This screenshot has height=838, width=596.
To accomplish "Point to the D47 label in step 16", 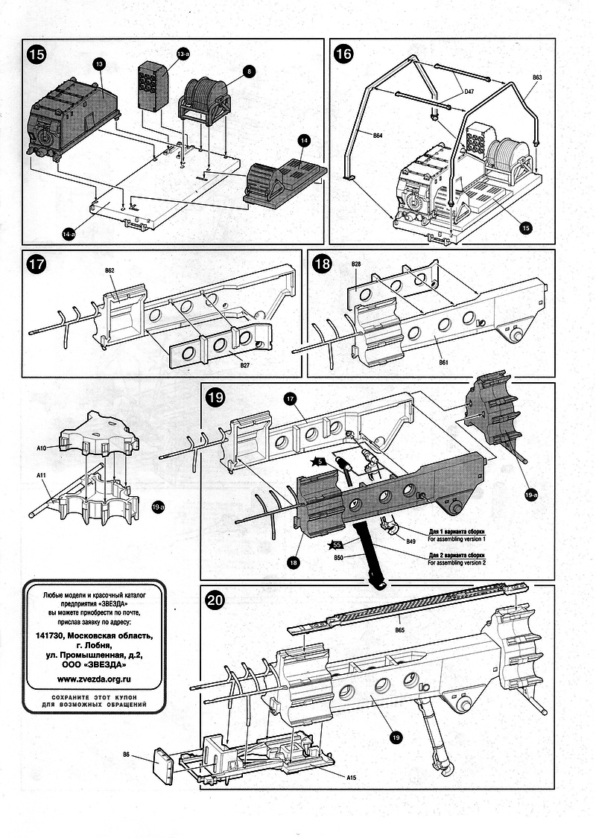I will click(469, 91).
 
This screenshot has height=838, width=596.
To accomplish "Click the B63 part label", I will click(537, 77).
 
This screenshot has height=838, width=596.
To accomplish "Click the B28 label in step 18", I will click(356, 264).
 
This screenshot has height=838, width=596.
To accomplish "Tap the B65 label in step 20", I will click(399, 630).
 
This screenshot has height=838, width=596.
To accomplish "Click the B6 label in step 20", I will click(127, 755).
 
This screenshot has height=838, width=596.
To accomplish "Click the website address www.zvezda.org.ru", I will click(94, 679).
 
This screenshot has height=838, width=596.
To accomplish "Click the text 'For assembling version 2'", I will click(456, 563).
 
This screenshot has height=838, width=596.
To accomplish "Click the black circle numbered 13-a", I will click(183, 55).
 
